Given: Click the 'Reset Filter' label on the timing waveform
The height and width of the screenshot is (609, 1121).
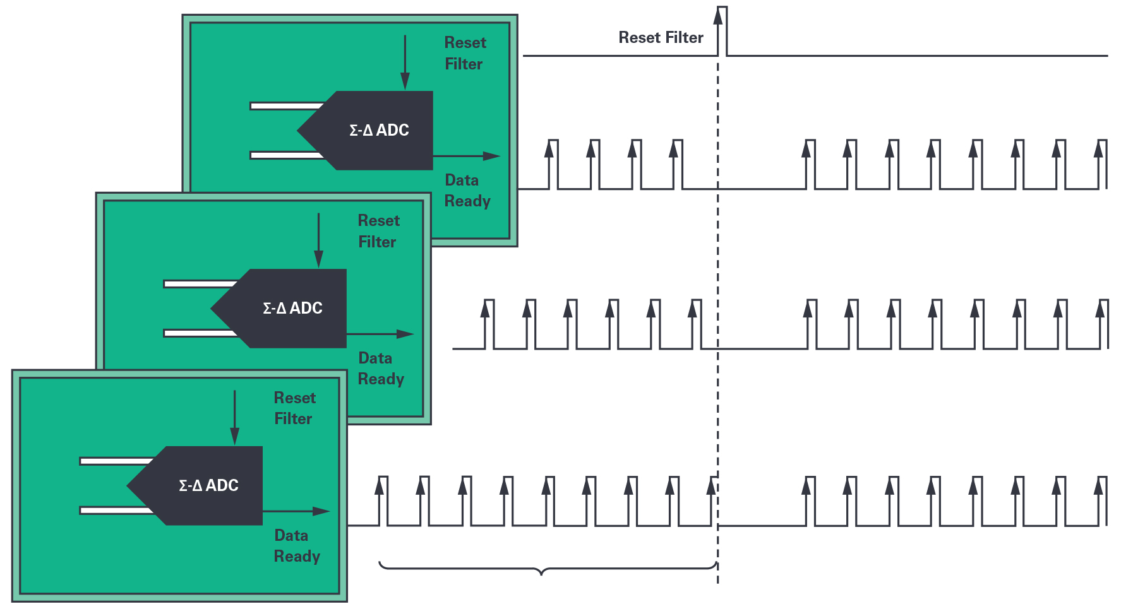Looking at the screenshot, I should click(x=661, y=38).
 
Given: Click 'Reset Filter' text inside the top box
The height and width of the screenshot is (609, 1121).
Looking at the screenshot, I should click(x=465, y=54).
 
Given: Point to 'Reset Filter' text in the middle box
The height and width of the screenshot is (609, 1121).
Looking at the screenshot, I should click(x=378, y=232).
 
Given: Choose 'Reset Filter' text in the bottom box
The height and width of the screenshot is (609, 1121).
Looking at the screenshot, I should click(x=294, y=408).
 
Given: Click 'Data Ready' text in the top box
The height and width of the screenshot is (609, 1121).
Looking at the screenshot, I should click(x=467, y=191).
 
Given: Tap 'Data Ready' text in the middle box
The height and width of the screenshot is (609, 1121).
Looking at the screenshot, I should click(x=380, y=369).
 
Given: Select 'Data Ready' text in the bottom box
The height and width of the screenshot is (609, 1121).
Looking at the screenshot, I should click(x=296, y=546).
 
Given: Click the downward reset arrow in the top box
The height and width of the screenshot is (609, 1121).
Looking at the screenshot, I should click(x=405, y=63).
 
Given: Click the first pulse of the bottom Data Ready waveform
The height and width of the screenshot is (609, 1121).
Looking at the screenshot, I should click(x=383, y=500).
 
